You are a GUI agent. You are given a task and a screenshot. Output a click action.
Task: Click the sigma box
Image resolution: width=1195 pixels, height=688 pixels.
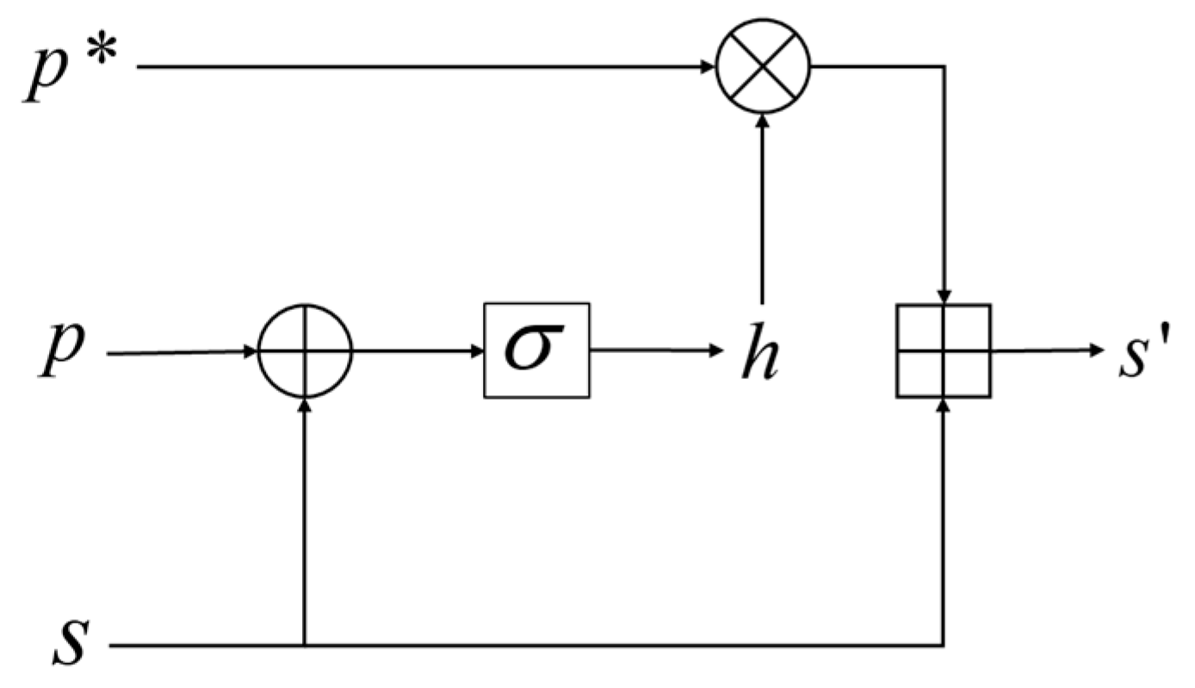pos(536,350)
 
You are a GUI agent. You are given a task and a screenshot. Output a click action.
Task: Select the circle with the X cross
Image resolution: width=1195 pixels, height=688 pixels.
pos(762,66)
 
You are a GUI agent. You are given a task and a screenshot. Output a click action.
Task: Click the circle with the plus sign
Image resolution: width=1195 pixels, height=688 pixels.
pos(305,351)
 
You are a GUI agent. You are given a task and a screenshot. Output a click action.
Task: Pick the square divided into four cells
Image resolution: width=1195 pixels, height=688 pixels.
pos(944,350)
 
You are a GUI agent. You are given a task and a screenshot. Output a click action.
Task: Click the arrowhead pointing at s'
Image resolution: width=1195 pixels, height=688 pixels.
pos(1094,350)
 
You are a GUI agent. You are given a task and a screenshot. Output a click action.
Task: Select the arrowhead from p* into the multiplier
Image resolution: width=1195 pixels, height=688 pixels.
pos(708,66)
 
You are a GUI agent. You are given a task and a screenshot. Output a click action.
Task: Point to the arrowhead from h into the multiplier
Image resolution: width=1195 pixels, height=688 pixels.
pos(762,123)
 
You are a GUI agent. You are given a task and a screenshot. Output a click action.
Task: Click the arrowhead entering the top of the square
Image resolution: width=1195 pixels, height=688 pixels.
pos(944,296)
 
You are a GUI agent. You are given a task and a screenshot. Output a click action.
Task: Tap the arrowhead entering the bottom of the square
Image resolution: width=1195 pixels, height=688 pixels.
pos(944,406)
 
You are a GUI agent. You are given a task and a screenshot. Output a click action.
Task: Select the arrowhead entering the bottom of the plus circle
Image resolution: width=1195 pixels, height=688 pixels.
pos(305,406)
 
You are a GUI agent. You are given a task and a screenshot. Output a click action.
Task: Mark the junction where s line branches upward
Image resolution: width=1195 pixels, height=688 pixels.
pos(305,645)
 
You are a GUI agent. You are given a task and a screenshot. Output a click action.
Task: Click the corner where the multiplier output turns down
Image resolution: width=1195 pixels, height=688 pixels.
pos(944,66)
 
